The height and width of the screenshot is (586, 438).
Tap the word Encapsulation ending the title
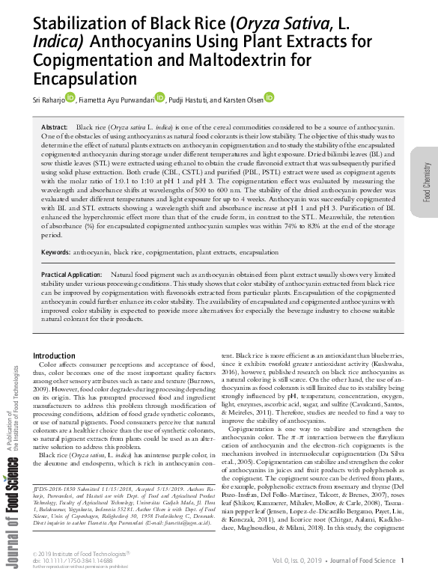point(84,78)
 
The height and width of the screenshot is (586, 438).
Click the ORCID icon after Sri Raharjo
point(70,97)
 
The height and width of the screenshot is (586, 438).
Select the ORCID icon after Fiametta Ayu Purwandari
point(159,97)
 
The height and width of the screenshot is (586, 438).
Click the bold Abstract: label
point(55,129)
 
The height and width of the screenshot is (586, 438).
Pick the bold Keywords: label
point(56,253)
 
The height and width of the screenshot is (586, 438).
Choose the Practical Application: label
point(73,275)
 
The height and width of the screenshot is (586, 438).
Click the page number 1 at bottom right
point(402,561)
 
